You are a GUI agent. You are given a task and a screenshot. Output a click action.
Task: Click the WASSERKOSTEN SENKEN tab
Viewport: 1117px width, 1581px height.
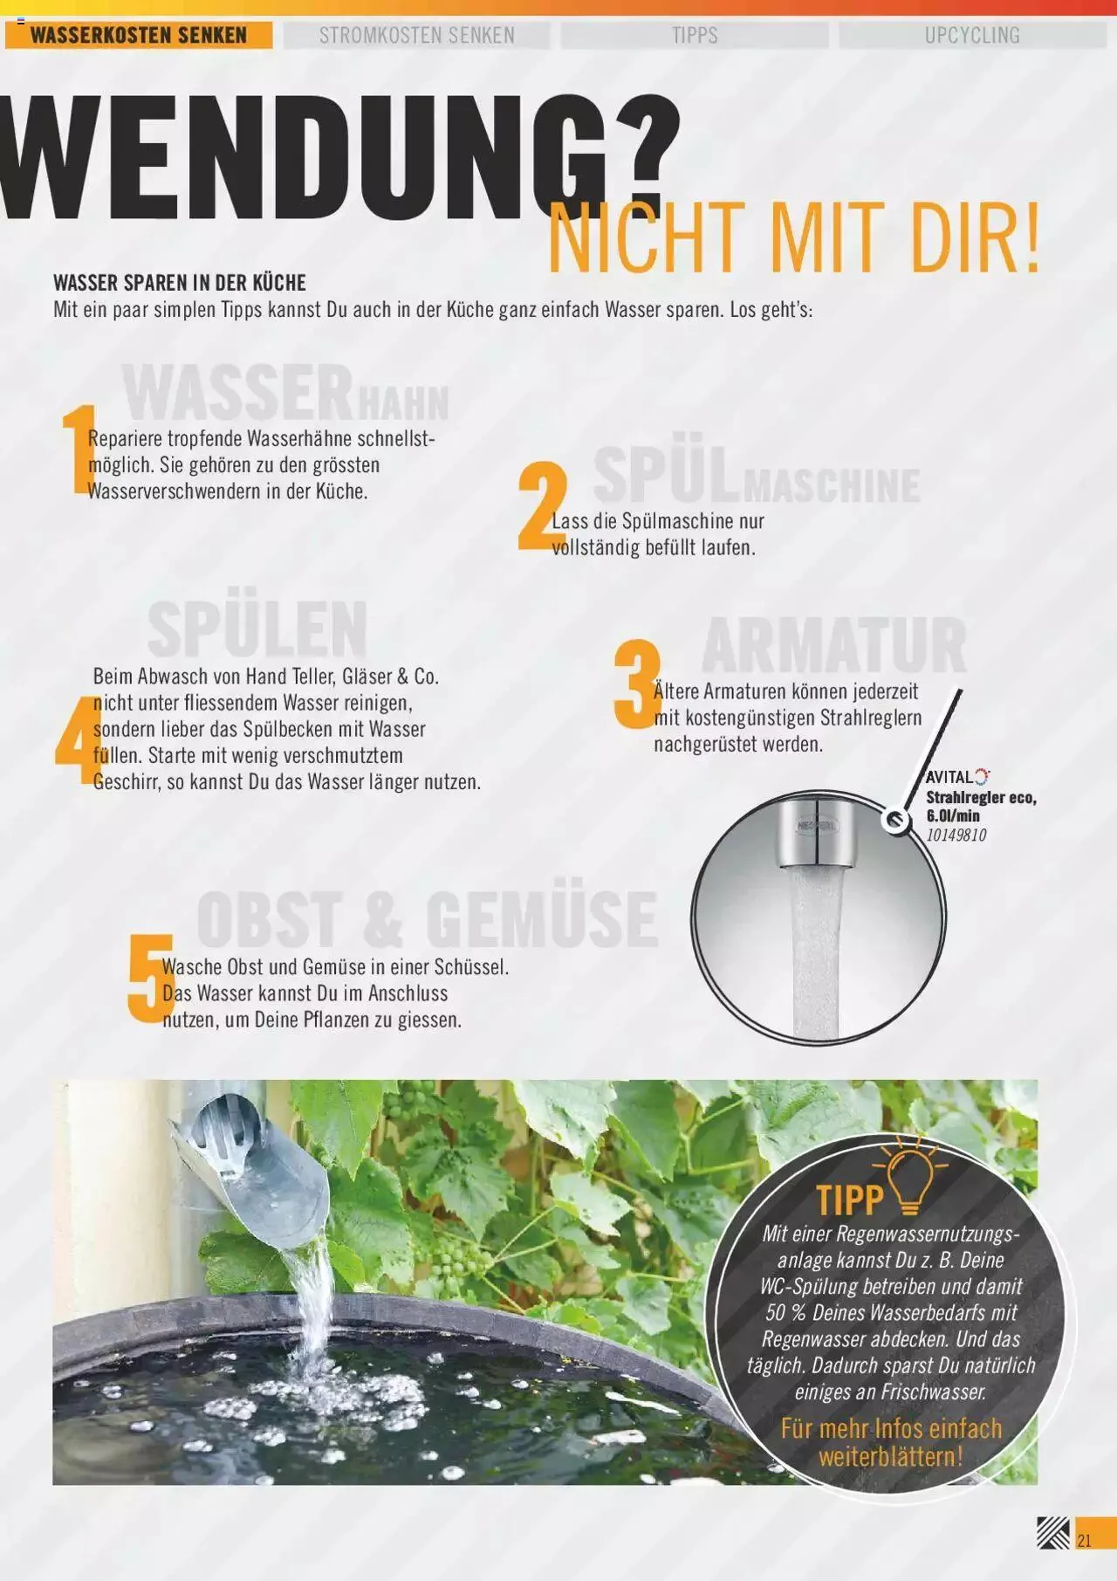(x=139, y=36)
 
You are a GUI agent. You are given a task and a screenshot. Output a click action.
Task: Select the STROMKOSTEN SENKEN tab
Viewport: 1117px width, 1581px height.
(x=416, y=36)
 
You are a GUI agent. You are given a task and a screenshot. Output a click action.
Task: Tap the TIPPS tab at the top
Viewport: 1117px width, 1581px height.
(x=695, y=36)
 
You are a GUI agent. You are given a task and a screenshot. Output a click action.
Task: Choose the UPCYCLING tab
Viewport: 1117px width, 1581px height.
(x=972, y=36)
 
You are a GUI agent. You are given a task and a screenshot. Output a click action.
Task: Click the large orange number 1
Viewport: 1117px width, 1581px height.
(x=77, y=450)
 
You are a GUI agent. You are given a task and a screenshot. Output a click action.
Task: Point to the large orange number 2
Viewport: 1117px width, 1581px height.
(x=541, y=509)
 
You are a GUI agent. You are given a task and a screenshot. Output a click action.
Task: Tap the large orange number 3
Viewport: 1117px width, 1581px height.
(x=636, y=685)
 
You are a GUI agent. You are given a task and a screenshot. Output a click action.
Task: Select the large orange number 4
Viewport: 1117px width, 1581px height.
(x=73, y=740)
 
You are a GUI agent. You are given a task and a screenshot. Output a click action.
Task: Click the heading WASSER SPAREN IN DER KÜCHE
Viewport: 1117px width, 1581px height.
(x=180, y=283)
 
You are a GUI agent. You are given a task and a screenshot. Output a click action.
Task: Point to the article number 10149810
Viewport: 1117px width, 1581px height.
(x=956, y=835)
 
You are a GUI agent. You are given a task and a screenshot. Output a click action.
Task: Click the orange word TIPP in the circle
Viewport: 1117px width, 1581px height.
(x=850, y=1200)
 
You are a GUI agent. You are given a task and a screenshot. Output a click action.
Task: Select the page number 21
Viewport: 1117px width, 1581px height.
(x=1085, y=1540)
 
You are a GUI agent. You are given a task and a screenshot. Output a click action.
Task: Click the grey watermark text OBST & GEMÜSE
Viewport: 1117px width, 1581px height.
(x=427, y=918)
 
